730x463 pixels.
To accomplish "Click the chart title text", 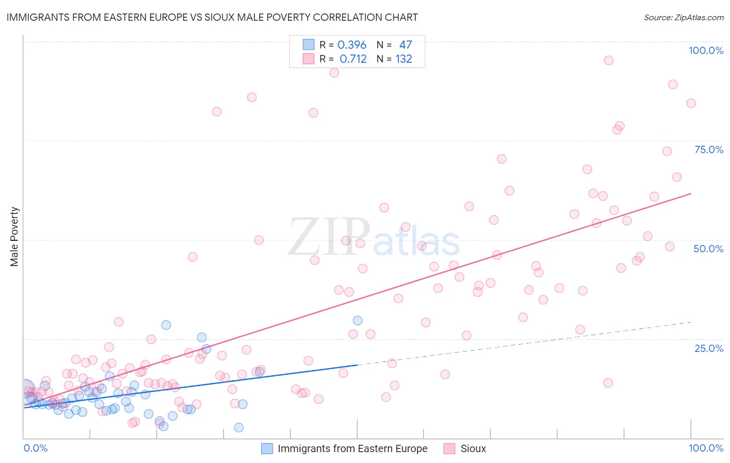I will tap(212, 17).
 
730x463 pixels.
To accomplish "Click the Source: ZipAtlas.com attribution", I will tap(683, 18).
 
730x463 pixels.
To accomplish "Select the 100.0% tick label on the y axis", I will tap(706, 50).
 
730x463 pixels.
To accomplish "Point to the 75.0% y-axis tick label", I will tap(709, 149).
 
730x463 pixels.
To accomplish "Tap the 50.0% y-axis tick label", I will tap(708, 249).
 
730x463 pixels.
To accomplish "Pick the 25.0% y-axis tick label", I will tap(709, 348).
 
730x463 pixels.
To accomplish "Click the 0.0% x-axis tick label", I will tap(35, 448).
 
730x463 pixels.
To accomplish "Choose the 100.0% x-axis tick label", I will tap(706, 448).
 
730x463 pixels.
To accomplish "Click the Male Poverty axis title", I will tap(15, 237).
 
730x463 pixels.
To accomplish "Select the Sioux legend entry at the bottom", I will tap(473, 448).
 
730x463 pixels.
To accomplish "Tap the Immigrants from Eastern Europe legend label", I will tap(352, 448).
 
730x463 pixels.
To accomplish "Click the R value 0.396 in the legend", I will tap(352, 45).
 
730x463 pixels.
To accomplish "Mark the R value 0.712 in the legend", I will tap(353, 59).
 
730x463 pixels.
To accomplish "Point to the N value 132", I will tap(404, 59).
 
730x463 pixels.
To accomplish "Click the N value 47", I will tap(405, 45).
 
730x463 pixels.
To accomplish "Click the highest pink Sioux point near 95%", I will tap(609, 60).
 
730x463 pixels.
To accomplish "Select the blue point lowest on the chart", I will tap(239, 427).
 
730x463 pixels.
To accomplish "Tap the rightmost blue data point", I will tap(357, 321).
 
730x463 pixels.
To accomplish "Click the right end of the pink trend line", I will tap(691, 194).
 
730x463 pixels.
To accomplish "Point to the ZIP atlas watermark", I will tap(374, 238).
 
